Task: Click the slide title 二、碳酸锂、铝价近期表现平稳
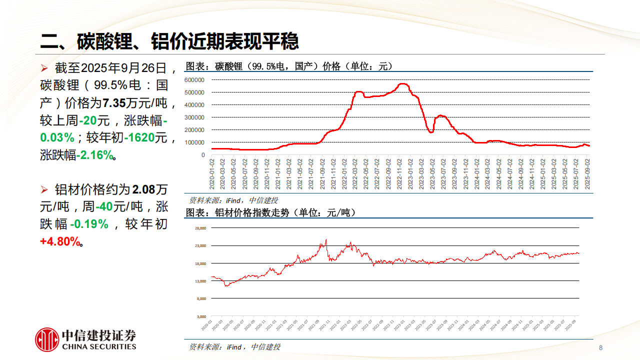169,41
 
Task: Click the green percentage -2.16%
95,155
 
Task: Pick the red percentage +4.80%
60,241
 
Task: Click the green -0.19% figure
89,224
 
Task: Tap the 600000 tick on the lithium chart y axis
194,80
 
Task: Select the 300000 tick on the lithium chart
194,117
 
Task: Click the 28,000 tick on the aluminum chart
200,228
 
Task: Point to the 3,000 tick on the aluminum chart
201,316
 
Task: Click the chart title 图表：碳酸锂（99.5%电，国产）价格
289,66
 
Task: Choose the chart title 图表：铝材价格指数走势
270,212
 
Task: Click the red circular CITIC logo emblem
47,339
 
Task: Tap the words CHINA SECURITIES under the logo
98,346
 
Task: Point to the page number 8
600,348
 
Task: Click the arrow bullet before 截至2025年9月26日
44,67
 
